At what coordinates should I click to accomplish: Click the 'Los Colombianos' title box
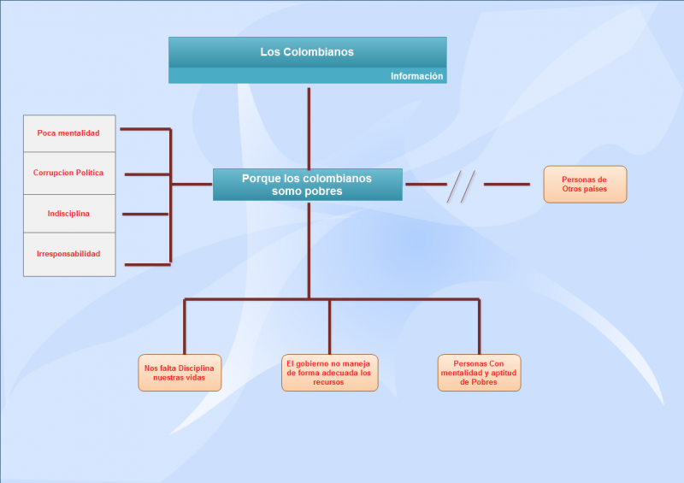tap(307, 52)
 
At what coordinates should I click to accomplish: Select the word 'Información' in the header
tap(416, 76)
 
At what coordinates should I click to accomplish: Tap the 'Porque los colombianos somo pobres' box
tap(307, 185)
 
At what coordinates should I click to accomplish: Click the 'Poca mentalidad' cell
tap(68, 133)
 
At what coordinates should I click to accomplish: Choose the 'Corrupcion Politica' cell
tap(68, 173)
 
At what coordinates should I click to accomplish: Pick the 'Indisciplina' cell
tap(68, 213)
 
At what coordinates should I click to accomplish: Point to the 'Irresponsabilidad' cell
tap(68, 254)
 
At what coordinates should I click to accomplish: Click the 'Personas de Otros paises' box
tap(585, 184)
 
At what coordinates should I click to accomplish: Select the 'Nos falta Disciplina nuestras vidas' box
tap(180, 373)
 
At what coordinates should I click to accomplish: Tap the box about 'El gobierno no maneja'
tap(329, 373)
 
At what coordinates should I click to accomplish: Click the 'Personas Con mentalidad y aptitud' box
tap(479, 373)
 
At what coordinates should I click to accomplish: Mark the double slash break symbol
tap(462, 186)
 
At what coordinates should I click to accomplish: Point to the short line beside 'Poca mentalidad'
tap(145, 129)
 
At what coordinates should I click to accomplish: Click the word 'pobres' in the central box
tap(324, 191)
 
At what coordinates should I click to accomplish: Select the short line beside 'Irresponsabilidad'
tap(147, 264)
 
